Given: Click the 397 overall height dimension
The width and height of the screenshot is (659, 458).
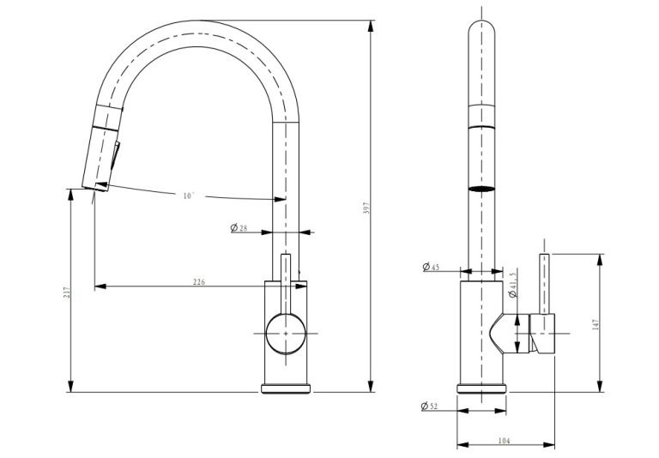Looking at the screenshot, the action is coord(366,208).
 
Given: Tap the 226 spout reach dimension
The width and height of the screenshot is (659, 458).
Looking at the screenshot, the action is coord(199,282).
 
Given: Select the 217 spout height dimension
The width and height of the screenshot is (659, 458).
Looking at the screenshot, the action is coord(67,292).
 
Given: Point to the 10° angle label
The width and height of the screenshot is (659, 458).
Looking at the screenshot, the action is coord(189,196).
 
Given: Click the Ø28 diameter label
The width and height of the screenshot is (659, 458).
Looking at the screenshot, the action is coord(239,228).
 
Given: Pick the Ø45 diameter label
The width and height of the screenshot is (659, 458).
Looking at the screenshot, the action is coord(431,267).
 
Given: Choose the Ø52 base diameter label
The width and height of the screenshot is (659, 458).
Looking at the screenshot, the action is coord(429,407).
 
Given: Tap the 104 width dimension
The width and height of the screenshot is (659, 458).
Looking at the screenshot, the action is coord(504,441).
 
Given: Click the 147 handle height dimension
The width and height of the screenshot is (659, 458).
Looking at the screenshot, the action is coord(596,324).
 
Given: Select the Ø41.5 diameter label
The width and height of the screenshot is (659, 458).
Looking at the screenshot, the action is coord(512,285).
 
